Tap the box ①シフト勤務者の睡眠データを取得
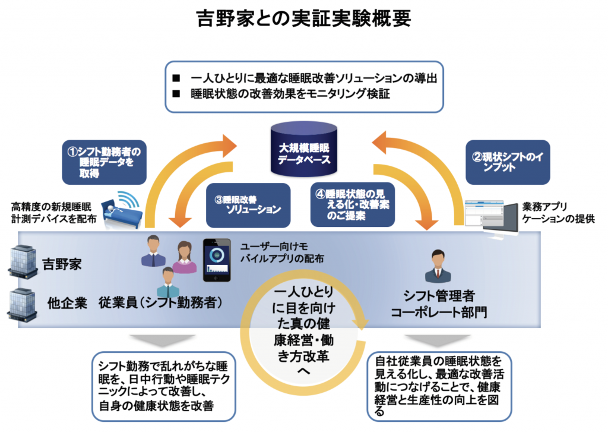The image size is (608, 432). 104,160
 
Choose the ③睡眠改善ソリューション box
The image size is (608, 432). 248,204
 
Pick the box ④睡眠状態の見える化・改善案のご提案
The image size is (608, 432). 353,204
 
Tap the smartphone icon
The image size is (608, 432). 217,260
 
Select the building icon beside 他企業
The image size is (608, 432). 21,301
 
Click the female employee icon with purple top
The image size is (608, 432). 184,257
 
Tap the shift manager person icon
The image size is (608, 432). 438,267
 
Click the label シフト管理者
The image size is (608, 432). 439,295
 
